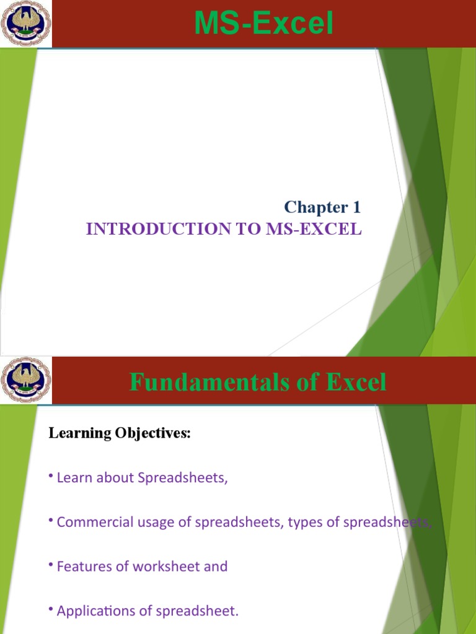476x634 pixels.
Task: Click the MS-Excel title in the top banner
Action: [x=263, y=24]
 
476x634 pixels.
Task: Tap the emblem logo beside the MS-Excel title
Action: [x=26, y=24]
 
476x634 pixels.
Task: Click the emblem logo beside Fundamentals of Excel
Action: [x=26, y=380]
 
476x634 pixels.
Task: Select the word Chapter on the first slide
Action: [x=313, y=207]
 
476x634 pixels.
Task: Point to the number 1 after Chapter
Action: [x=356, y=207]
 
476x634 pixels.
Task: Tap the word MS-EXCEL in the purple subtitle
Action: [x=314, y=229]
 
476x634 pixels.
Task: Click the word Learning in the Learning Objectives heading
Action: [x=79, y=433]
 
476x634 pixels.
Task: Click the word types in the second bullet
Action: [x=306, y=522]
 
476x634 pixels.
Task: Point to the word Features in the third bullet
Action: [x=81, y=566]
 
